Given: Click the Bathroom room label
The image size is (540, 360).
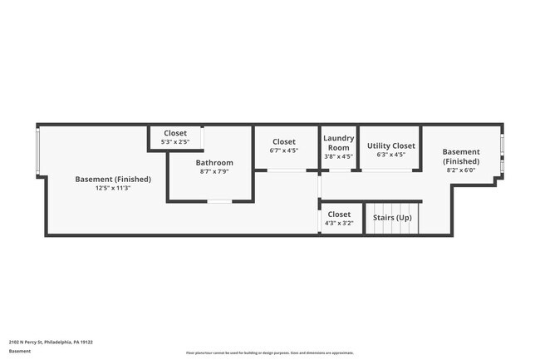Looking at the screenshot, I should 214,162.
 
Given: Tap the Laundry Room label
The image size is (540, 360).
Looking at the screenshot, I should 338,142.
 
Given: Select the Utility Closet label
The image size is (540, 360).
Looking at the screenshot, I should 391,145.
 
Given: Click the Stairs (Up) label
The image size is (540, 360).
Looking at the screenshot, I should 392,218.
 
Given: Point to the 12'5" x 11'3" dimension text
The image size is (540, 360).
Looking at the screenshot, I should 113,188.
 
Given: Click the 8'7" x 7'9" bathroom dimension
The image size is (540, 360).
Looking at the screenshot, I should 214,171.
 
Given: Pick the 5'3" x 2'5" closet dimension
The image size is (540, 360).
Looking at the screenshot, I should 175,142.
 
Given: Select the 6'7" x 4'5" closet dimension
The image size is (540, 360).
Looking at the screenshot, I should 283,150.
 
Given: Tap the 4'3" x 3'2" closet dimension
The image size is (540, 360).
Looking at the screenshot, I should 340,223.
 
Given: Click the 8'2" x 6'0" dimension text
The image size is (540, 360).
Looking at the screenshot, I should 460,170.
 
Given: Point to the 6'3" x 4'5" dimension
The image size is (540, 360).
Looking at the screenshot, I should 391,155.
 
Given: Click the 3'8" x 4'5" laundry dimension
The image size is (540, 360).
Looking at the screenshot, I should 338,155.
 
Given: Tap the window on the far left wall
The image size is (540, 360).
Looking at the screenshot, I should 37,151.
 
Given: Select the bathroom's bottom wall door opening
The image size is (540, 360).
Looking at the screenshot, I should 218,201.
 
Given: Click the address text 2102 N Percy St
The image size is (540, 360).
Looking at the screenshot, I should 51,341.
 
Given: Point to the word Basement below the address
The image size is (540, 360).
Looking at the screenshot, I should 21,351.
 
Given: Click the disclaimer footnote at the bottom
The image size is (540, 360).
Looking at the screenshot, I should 269,353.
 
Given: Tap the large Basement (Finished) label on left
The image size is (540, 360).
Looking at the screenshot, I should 113,179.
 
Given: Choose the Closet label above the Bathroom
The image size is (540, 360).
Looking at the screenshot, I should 175,133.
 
